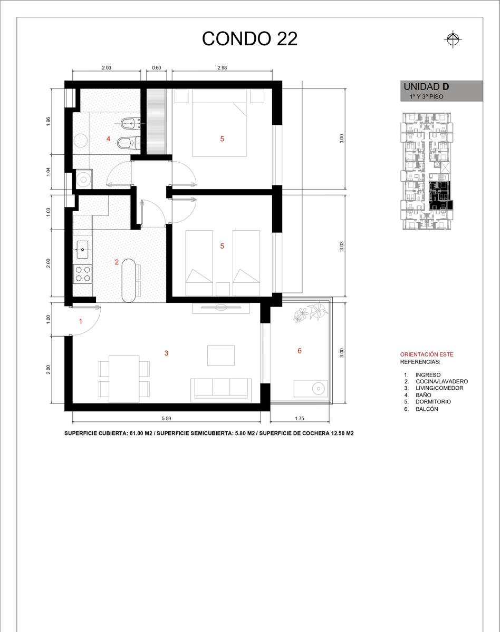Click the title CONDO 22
[249, 38]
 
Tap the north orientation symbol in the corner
[453, 39]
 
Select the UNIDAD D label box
[441, 91]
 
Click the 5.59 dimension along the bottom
[166, 418]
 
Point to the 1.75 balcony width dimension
[300, 418]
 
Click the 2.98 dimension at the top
[222, 67]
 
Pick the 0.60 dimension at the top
[157, 67]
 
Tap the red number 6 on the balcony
[300, 351]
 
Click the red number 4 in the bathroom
[108, 139]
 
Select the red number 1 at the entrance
[81, 321]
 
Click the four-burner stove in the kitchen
[83, 274]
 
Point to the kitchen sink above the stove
[82, 250]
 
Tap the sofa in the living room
[221, 390]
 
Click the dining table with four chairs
[124, 379]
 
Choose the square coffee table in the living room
[221, 355]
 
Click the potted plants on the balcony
[311, 312]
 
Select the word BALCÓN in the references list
[427, 409]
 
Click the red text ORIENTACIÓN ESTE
[427, 354]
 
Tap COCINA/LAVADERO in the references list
[442, 381]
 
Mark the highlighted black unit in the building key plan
[440, 195]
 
